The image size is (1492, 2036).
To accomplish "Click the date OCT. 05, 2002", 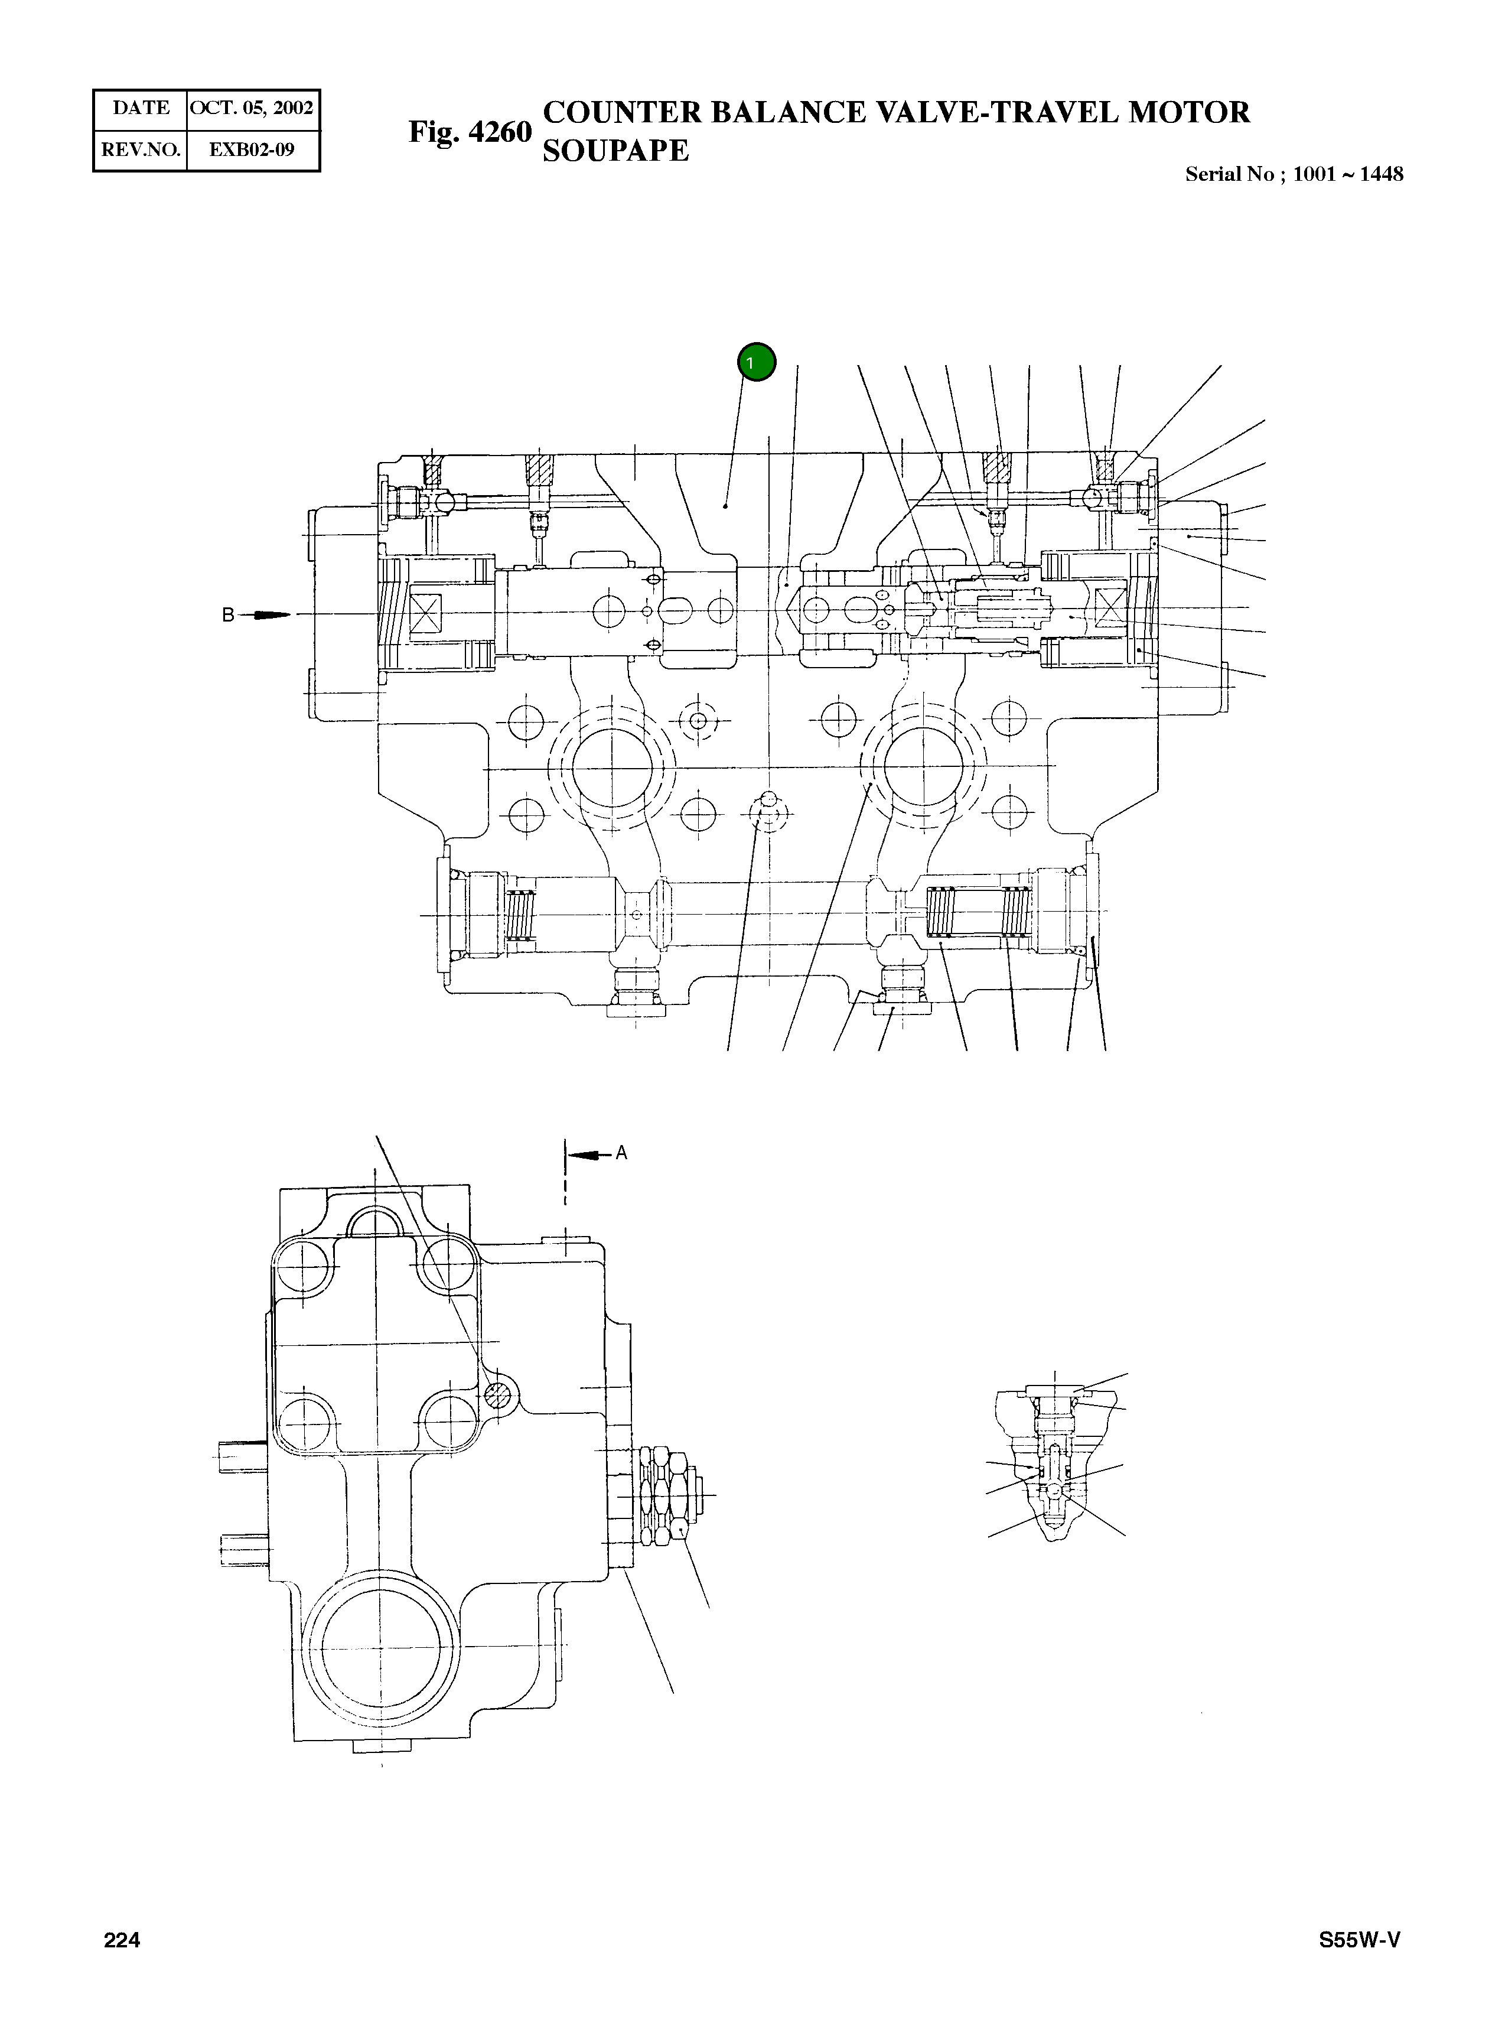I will (251, 108).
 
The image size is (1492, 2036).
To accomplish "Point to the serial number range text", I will (1294, 174).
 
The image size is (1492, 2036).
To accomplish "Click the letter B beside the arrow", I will (229, 615).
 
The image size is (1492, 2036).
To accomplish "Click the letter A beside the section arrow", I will (621, 1153).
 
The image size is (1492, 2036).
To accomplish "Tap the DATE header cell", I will (141, 108).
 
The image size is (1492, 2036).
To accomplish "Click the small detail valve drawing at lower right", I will (1054, 1459).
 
